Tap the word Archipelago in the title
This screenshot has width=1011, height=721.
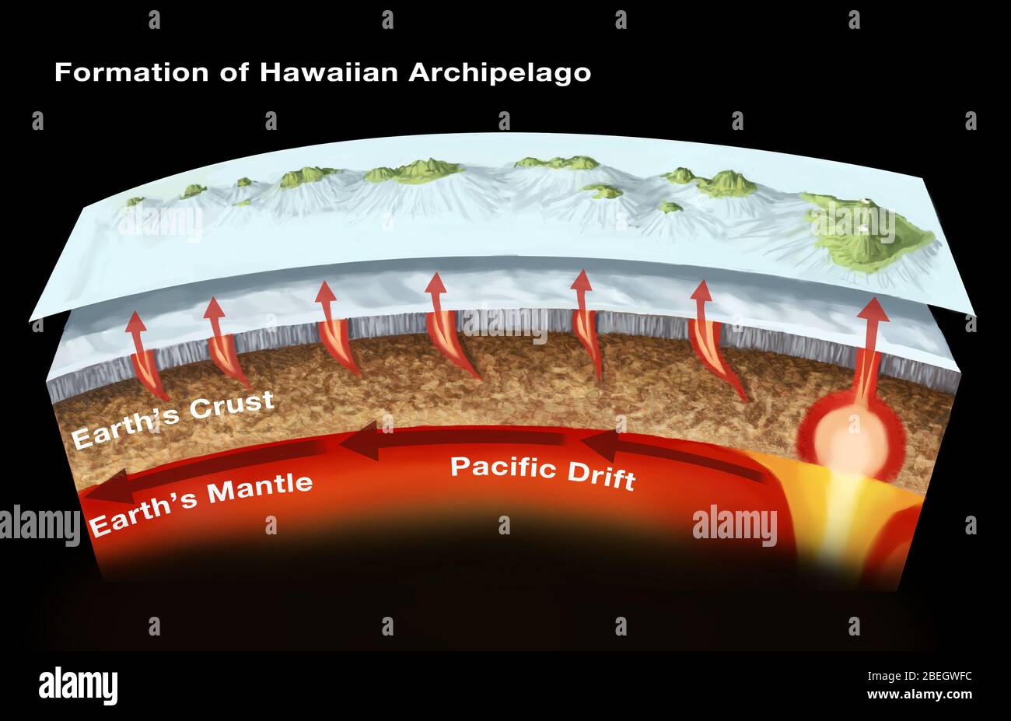[500, 73]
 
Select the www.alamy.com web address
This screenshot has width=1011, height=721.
[918, 695]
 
